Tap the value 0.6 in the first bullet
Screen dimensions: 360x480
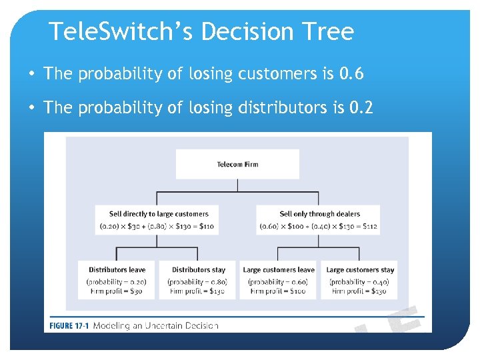pyautogui.click(x=351, y=74)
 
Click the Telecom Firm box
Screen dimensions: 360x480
pyautogui.click(x=237, y=164)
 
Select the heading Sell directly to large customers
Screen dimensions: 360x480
pyautogui.click(x=159, y=214)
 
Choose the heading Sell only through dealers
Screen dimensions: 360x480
pyautogui.click(x=319, y=214)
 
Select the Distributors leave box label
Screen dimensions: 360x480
pyautogui.click(x=117, y=270)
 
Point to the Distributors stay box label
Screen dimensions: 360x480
pyautogui.click(x=197, y=270)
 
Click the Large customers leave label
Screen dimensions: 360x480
pyautogui.click(x=279, y=270)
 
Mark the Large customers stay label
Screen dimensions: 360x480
pyautogui.click(x=360, y=270)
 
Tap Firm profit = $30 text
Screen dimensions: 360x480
pyautogui.click(x=117, y=291)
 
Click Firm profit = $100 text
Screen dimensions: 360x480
pyautogui.click(x=279, y=291)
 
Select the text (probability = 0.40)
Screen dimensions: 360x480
pyautogui.click(x=360, y=281)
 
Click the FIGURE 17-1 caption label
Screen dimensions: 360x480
pyautogui.click(x=69, y=325)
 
